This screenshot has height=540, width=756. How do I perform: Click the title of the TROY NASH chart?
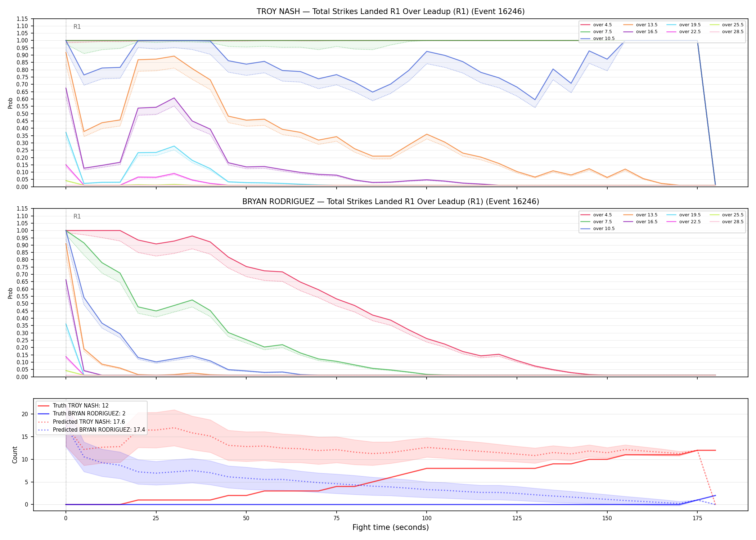click(x=391, y=12)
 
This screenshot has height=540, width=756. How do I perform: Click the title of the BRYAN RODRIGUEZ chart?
click(x=391, y=202)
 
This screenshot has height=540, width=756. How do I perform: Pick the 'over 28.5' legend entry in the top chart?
click(x=726, y=32)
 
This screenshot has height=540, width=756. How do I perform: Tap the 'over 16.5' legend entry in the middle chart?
click(x=640, y=222)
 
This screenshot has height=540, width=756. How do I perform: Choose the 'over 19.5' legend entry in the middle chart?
click(x=684, y=215)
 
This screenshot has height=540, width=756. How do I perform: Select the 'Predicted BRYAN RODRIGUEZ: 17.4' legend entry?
click(x=91, y=430)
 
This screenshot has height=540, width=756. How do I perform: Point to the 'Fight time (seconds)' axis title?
click(x=391, y=527)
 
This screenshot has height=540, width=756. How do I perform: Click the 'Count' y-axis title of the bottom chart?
click(x=15, y=455)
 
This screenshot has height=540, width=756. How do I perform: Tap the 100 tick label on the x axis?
click(x=426, y=518)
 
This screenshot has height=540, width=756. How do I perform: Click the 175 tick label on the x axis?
click(x=697, y=518)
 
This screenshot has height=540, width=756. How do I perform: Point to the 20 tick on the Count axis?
click(x=25, y=414)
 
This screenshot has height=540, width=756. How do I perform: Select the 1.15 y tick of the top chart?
click(x=22, y=19)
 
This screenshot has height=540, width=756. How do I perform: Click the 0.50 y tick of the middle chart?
click(x=22, y=303)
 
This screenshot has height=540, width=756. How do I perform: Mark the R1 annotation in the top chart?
click(x=77, y=27)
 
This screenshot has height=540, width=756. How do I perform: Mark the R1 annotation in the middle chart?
click(x=77, y=216)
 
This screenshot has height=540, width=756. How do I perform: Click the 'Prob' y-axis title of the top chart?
click(x=10, y=103)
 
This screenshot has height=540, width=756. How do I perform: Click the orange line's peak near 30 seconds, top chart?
click(x=174, y=56)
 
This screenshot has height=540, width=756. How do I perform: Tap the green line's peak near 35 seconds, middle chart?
click(x=192, y=300)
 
